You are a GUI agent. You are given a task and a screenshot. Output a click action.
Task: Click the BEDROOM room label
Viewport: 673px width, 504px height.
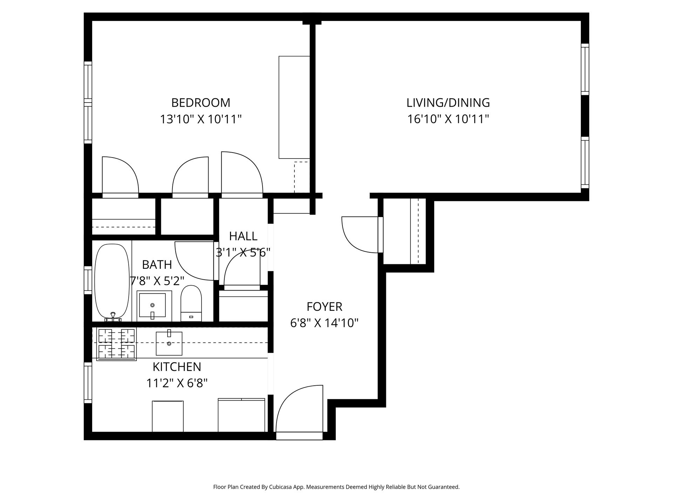pyautogui.click(x=200, y=103)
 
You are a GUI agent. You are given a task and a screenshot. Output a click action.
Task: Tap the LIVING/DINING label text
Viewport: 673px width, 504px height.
pyautogui.click(x=448, y=103)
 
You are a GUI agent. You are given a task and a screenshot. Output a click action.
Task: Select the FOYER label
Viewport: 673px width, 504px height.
pyautogui.click(x=324, y=307)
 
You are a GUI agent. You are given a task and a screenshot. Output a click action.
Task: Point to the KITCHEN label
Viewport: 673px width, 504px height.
pyautogui.click(x=177, y=367)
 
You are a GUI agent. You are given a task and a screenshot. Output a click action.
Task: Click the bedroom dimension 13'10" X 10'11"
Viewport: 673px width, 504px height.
pyautogui.click(x=201, y=119)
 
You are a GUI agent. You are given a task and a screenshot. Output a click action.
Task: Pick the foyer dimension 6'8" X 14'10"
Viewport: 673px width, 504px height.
pyautogui.click(x=324, y=323)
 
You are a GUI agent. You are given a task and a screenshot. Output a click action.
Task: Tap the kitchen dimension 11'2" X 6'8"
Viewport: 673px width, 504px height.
pyautogui.click(x=177, y=383)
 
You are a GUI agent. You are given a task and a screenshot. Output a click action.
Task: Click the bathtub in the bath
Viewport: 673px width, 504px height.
pyautogui.click(x=112, y=282)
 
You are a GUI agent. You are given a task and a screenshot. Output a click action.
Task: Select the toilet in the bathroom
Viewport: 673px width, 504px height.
pyautogui.click(x=191, y=303)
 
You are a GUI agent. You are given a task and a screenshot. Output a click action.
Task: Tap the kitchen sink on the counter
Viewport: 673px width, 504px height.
pyautogui.click(x=169, y=343)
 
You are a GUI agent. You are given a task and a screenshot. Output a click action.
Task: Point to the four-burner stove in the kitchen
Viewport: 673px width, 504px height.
pyautogui.click(x=116, y=344)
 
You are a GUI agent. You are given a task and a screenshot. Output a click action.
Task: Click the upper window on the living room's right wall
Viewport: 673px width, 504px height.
pyautogui.click(x=585, y=69)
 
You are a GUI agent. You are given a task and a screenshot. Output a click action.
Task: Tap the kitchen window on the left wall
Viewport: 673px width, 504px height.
pyautogui.click(x=88, y=383)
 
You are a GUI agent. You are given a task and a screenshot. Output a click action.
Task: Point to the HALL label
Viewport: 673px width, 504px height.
pyautogui.click(x=243, y=236)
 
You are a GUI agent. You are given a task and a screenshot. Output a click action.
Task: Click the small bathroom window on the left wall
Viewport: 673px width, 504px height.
pyautogui.click(x=88, y=280)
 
